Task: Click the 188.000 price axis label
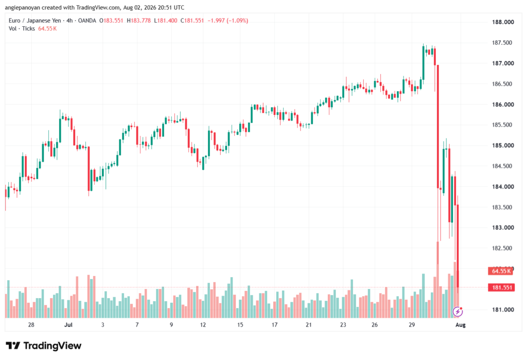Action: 503,22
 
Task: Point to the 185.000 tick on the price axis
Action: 503,146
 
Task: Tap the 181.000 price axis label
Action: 503,310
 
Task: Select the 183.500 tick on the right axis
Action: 502,207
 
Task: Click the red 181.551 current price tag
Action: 501,288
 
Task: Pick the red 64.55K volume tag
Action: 500,271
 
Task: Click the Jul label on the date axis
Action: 68,325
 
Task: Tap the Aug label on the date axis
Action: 461,325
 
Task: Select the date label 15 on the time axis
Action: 240,325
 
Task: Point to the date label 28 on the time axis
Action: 31,325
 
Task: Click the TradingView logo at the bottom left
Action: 44,346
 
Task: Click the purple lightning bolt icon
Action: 458,312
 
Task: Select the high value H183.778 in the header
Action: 139,21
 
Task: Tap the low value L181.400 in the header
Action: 166,21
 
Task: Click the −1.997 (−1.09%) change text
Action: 228,21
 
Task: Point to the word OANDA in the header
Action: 87,21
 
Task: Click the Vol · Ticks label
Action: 22,29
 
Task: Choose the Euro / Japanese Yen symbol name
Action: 35,21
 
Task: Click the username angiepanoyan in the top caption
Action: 22,8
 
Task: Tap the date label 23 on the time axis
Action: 343,325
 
